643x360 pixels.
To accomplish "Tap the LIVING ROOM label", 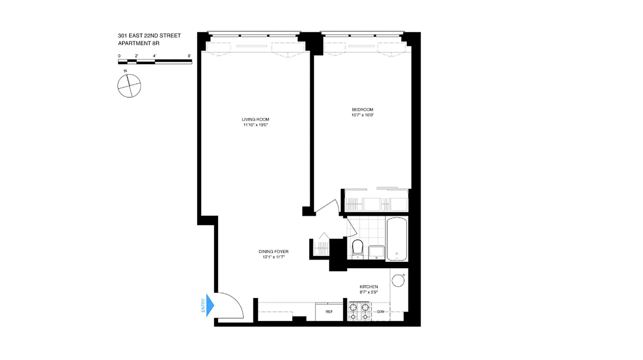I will pyautogui.click(x=255, y=119).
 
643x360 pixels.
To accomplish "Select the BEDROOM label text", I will pyautogui.click(x=362, y=109).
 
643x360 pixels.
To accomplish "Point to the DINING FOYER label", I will pyautogui.click(x=273, y=252).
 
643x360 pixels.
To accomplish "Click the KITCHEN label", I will pyautogui.click(x=369, y=287).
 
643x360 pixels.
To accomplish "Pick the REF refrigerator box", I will pyautogui.click(x=329, y=311).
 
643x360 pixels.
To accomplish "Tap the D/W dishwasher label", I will pyautogui.click(x=381, y=312).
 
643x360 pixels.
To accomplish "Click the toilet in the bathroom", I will pyautogui.click(x=357, y=249).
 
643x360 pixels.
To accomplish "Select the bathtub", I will pyautogui.click(x=396, y=239).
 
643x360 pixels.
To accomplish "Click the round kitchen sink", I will pyautogui.click(x=398, y=281).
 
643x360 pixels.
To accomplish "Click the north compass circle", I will pyautogui.click(x=129, y=85).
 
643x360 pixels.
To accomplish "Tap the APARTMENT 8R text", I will pyautogui.click(x=139, y=43).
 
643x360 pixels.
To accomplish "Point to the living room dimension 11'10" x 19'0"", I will pyautogui.click(x=255, y=125).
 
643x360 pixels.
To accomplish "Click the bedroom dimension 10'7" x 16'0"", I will pyautogui.click(x=362, y=115).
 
